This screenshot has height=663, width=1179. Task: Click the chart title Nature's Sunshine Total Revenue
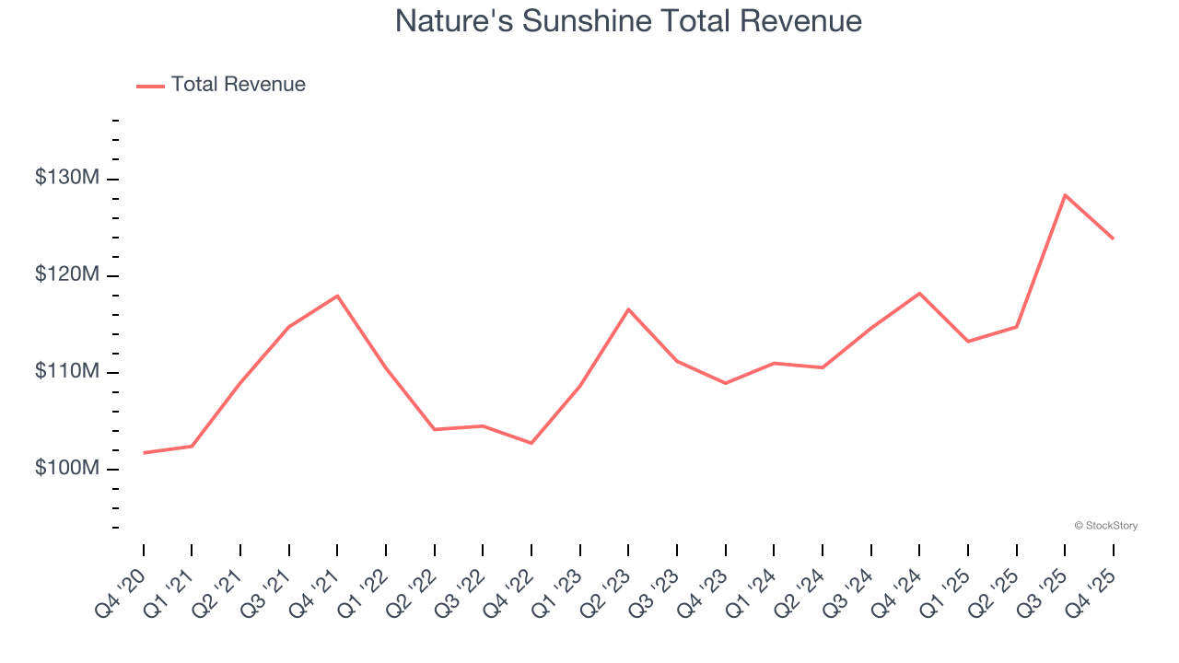tap(628, 20)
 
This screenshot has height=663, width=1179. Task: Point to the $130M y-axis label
tap(66, 178)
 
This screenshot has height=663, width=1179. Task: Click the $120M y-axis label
tap(66, 274)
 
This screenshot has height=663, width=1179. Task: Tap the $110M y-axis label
tap(66, 371)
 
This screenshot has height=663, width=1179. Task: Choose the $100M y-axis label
tap(66, 468)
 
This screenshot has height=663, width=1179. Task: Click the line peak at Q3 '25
tap(1065, 195)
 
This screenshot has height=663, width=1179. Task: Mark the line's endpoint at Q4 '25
tap(1113, 238)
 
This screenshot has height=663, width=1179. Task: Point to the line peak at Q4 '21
tap(337, 296)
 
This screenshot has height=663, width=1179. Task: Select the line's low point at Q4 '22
tap(531, 443)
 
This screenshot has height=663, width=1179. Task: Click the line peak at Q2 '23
tap(628, 309)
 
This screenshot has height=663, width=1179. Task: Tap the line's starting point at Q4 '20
tap(144, 452)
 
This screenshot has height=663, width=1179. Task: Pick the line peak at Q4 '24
tap(919, 293)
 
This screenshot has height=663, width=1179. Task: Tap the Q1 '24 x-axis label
tap(752, 592)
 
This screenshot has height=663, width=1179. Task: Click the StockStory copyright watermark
tap(1105, 526)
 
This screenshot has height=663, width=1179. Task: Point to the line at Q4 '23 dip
tap(726, 383)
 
